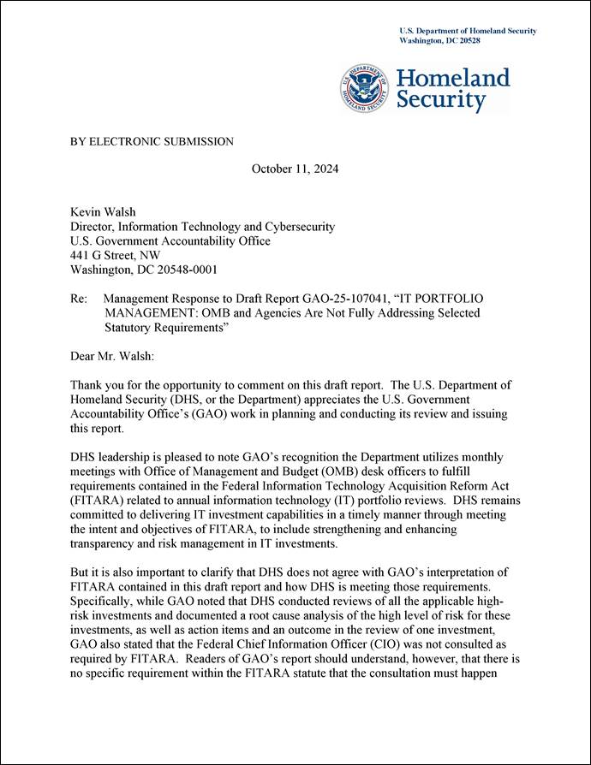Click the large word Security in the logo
pos(440,100)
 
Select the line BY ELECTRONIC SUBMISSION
pos(152,141)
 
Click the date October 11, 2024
pos(295,169)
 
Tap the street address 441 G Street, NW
pos(115,255)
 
